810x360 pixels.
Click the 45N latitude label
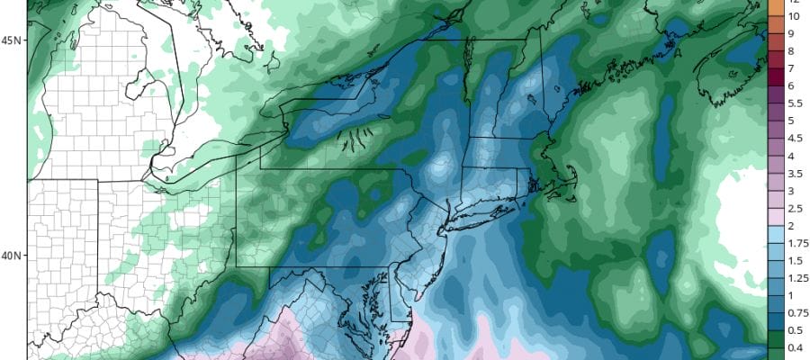coord(12,41)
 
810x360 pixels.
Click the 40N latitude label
coord(12,255)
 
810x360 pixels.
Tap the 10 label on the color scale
coord(794,16)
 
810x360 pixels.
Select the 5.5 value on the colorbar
coord(796,103)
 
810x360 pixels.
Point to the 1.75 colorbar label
coord(796,243)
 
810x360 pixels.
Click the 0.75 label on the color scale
coord(796,312)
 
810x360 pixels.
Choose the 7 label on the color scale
coord(791,68)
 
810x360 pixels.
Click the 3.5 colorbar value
coord(796,173)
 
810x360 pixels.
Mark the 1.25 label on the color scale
coord(796,278)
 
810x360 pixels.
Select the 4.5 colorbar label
coord(796,139)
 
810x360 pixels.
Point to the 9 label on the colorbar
coord(791,33)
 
